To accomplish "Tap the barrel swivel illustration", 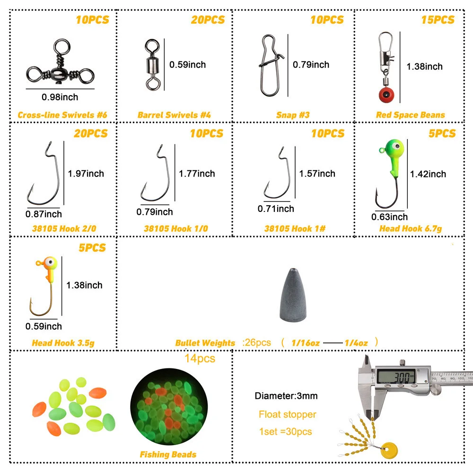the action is [x=152, y=64].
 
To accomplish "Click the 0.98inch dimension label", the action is [x=60, y=97].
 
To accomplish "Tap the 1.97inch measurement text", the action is [x=86, y=174].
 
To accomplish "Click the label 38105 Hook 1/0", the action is [x=175, y=228].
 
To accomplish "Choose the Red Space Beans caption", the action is [x=410, y=114].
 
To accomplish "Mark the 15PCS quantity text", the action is [x=438, y=19].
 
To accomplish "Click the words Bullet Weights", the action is [x=205, y=343].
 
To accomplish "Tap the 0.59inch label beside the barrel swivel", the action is [x=187, y=64].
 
